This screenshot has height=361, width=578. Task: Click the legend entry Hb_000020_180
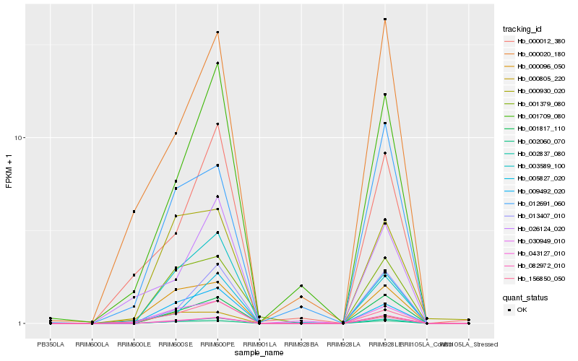pos(535,53)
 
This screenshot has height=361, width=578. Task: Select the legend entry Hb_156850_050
pos(535,277)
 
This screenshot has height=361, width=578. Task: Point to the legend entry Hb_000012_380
pos(535,41)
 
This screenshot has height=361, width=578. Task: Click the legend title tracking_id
pos(522,29)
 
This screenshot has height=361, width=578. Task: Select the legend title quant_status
pos(525,297)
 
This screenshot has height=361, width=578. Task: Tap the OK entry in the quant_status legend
pos(522,309)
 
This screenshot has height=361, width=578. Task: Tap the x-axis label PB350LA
pos(51,344)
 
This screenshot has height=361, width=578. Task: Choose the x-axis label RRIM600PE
pos(217,344)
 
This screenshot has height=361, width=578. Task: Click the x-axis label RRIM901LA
pos(259,344)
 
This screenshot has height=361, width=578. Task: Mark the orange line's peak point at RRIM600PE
pos(217,32)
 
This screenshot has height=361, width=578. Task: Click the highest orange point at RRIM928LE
pos(385,19)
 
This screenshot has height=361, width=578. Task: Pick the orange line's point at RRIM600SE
pos(176,134)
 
